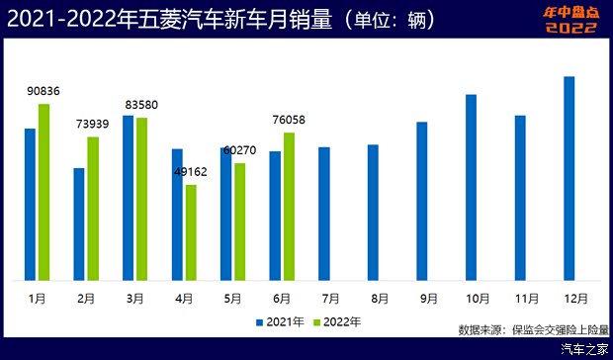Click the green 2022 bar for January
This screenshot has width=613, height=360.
(44, 191)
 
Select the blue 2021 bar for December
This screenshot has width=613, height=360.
(569, 178)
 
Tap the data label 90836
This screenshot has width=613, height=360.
(44, 91)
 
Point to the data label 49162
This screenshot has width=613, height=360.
(191, 171)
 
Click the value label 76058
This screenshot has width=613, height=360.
(289, 120)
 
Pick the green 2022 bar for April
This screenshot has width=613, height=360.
(191, 231)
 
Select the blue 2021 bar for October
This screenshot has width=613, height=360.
(472, 187)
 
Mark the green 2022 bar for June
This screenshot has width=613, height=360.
(289, 206)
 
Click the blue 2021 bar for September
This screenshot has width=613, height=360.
(422, 201)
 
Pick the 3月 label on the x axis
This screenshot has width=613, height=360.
(135, 297)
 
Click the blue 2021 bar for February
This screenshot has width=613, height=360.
(79, 224)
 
